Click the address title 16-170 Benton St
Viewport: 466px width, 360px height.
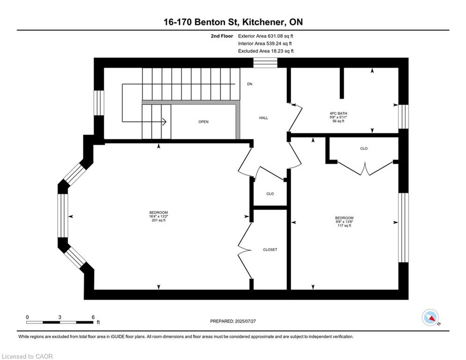coord(233,22)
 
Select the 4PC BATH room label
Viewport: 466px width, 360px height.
coord(338,113)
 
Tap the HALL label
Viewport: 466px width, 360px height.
coord(264,118)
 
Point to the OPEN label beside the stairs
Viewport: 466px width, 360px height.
coord(203,122)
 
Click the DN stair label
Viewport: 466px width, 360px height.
coord(250,84)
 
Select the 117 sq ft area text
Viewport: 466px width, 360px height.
coord(344,226)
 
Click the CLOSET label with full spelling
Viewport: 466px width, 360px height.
coord(270,250)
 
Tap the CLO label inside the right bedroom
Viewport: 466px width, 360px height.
coord(364,149)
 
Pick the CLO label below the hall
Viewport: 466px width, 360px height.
coord(270,194)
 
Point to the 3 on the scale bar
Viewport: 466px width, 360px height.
coord(60,317)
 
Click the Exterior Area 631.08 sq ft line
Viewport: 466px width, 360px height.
coord(266,36)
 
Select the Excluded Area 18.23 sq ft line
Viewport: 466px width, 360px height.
coord(266,51)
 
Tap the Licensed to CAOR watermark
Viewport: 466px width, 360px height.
coord(27,356)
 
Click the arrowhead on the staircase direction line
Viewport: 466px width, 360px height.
coord(164,122)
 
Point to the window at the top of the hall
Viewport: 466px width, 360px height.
coord(265,63)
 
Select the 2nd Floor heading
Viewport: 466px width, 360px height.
coord(222,36)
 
